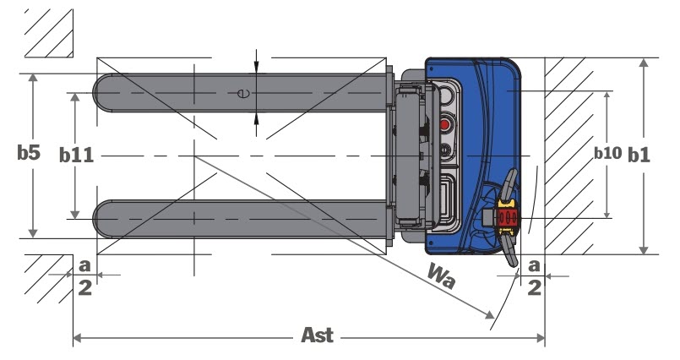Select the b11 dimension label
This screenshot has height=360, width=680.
[76, 155]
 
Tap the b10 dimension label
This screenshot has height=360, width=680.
[607, 153]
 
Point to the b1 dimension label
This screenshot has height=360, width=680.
[639, 155]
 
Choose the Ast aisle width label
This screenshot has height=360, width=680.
[318, 335]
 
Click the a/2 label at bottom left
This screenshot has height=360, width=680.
[84, 275]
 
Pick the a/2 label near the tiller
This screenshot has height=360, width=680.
[534, 276]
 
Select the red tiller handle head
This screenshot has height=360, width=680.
[507, 219]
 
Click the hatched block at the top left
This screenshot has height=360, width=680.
[47, 32]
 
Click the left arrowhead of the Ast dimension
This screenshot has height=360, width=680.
[75, 338]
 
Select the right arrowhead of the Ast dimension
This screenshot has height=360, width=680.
[542, 338]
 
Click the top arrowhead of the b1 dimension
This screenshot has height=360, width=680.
[645, 62]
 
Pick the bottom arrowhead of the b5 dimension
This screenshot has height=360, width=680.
[33, 233]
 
